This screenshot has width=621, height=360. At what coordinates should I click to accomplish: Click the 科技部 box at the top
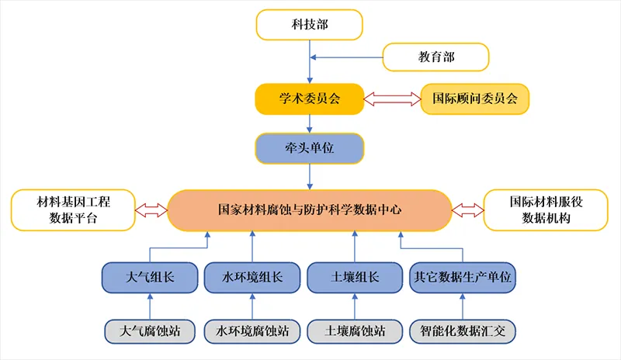[x=309, y=25]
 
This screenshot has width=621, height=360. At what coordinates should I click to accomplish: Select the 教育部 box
[x=435, y=57]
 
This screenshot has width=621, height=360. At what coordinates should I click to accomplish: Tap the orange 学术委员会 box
[x=310, y=99]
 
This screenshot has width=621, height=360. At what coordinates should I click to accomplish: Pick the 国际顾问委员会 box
[x=474, y=99]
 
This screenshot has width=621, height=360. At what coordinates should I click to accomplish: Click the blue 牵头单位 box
[x=310, y=149]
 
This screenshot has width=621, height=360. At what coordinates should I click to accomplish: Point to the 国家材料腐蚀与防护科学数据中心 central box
[x=310, y=209]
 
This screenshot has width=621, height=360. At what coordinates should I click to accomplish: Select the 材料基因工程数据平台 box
[x=73, y=209]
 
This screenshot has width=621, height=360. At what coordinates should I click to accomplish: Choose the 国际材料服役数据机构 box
[x=546, y=209]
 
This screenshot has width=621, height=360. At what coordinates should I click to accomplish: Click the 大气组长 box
[x=150, y=277]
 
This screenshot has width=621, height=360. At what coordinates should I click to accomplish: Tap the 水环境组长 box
[x=251, y=277]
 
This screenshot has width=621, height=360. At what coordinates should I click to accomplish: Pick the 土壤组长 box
[x=354, y=277]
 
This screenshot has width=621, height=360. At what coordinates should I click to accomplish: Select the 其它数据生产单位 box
[x=463, y=277]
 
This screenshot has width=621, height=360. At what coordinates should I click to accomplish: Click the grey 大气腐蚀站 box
[x=150, y=331]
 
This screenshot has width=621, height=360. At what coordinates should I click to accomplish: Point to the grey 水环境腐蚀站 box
[x=251, y=331]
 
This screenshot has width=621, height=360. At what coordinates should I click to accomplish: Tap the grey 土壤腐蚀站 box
[x=354, y=331]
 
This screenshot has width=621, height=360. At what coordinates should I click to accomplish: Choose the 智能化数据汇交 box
[x=463, y=331]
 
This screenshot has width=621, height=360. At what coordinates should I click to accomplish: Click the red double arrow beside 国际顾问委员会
[x=392, y=99]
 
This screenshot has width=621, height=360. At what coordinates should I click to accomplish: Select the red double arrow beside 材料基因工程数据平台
[x=151, y=209]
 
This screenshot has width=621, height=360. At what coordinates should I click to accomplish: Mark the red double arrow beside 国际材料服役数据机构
[x=468, y=209]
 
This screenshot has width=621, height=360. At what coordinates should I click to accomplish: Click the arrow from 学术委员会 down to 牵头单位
[x=310, y=123]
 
